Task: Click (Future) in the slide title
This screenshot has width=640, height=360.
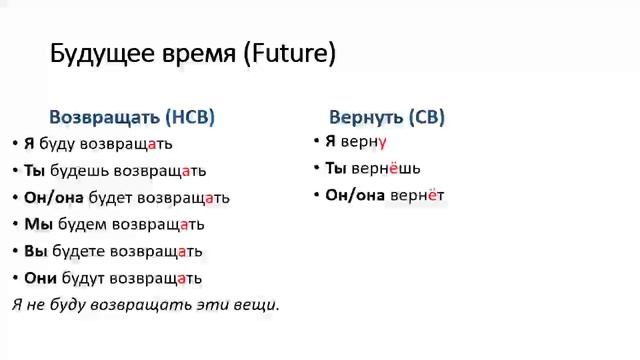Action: point(289,54)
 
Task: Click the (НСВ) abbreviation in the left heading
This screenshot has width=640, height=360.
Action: point(190,117)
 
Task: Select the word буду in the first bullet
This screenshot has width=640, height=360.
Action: point(57,144)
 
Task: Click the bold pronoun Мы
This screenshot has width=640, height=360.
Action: point(38,224)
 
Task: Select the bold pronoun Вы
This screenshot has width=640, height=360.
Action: point(36,251)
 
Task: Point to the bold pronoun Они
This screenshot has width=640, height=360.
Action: point(41,278)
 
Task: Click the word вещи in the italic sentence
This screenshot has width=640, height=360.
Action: point(255,304)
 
